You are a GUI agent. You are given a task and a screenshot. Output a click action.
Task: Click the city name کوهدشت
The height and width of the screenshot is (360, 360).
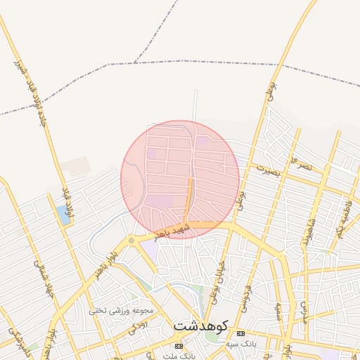[200, 327]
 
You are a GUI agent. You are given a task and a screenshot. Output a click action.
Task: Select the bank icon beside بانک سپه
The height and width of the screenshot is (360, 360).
[241, 333]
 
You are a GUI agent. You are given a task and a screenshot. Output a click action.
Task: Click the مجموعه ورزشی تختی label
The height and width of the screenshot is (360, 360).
[121, 310]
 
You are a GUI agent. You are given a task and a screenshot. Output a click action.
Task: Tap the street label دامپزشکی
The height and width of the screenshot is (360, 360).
[15, 338]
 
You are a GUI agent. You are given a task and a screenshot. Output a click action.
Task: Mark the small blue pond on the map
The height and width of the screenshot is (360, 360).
[64, 214]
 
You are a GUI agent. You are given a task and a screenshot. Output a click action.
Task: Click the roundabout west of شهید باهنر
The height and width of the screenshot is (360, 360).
[131, 241]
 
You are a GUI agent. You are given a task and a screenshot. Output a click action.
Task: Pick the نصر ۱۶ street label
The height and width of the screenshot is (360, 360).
[302, 164]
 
